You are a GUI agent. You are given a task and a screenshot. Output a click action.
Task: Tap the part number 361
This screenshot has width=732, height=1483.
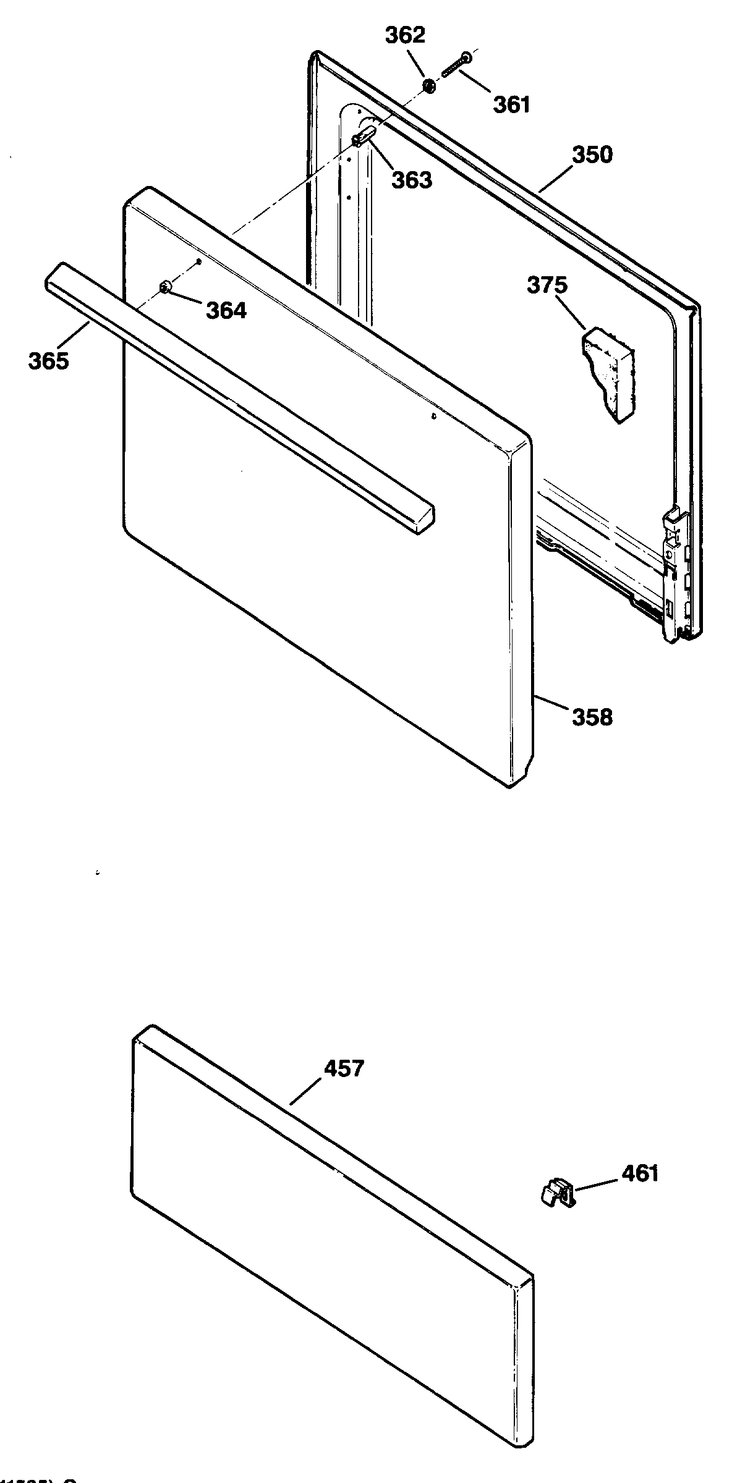(511, 104)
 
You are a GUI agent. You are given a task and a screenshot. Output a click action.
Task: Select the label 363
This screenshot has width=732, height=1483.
(412, 180)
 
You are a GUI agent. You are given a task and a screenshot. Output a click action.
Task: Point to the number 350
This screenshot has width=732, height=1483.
(592, 154)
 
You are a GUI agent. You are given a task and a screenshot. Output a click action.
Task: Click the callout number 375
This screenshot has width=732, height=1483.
(547, 285)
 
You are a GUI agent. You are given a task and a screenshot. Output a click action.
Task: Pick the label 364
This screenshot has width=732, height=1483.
(226, 311)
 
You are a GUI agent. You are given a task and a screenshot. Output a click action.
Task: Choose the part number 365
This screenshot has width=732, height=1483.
(48, 361)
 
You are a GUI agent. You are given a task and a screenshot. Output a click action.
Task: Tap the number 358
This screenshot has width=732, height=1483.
(592, 717)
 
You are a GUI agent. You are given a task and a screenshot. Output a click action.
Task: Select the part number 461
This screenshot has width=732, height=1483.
(640, 1173)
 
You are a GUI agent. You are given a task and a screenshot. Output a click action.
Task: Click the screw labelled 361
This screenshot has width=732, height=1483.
(456, 65)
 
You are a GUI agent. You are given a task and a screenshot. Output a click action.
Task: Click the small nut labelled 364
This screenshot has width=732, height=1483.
(165, 286)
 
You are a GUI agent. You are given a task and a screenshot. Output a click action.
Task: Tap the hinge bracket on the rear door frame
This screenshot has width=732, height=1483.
(676, 568)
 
